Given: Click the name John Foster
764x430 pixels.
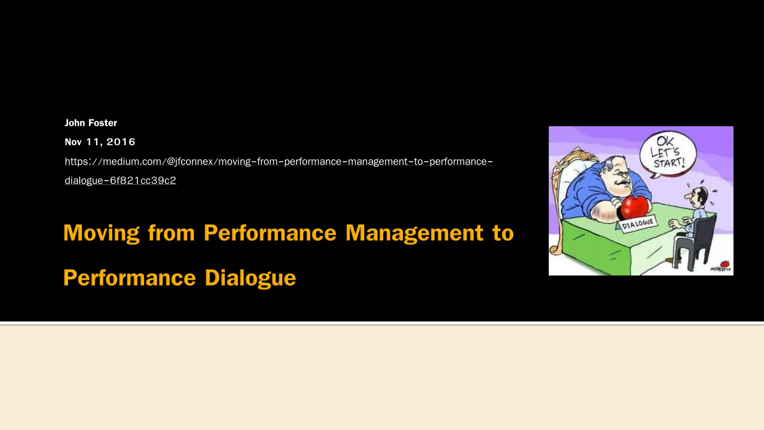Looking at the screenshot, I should pos(91,123).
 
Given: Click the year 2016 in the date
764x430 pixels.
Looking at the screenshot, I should pos(120,142).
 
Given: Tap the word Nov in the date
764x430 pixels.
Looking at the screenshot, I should pos(73,142).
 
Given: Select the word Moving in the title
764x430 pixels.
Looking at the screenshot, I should pos(101,233).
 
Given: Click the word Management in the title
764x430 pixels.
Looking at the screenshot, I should pos(414,233).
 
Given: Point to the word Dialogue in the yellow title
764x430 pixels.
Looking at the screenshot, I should pos(250,278).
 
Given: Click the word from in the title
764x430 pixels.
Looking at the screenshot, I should pos(171,233).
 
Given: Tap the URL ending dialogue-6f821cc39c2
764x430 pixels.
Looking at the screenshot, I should pos(120,180).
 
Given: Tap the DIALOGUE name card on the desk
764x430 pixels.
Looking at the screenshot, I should pos(637,224).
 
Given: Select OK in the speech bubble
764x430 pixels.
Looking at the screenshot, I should pos(665,141).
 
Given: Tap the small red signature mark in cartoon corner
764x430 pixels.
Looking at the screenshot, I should pos(724,264).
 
